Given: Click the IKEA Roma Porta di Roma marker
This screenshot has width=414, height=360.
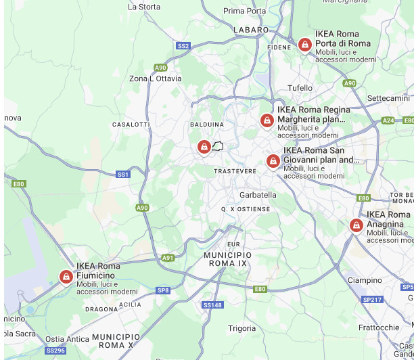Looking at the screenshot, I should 305,45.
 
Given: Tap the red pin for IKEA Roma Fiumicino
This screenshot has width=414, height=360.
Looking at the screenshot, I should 66,277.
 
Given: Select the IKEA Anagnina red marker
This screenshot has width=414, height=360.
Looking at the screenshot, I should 356,225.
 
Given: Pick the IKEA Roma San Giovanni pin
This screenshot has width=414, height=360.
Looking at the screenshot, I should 273,161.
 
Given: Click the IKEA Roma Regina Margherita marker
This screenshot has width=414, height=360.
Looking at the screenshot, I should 267,120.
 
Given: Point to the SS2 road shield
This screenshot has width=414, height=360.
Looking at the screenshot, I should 183,46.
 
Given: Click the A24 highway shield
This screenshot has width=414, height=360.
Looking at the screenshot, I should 388,120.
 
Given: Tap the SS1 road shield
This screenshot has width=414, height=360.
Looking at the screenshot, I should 122,175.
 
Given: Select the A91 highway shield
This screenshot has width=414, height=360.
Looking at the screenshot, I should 168,258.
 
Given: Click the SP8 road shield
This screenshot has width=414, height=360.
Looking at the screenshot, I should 163,290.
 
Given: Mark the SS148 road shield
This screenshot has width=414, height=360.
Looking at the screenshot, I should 213,305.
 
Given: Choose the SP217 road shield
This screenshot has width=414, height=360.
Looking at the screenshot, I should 372,300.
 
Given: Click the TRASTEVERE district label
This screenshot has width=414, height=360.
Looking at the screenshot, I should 235,171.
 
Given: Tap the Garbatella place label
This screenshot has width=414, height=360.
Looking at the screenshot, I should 258,195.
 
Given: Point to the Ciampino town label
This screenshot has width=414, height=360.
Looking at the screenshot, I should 365,280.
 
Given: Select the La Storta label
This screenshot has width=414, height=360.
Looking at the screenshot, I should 144,7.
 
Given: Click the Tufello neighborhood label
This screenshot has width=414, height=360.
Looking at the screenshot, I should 300,88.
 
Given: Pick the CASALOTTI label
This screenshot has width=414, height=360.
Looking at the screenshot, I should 131,125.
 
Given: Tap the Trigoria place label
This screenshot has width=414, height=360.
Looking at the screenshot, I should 242,328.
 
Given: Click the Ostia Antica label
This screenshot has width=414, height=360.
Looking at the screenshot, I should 67,339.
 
